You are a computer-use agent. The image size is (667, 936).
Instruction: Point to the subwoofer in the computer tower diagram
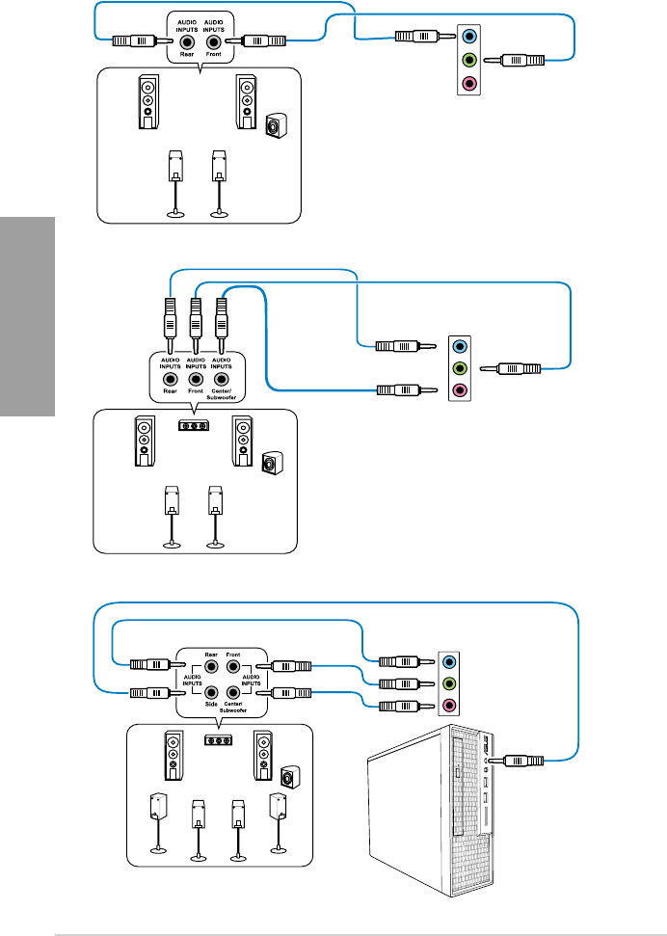click(286, 777)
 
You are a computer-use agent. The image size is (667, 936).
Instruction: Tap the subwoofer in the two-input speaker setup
click(276, 125)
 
